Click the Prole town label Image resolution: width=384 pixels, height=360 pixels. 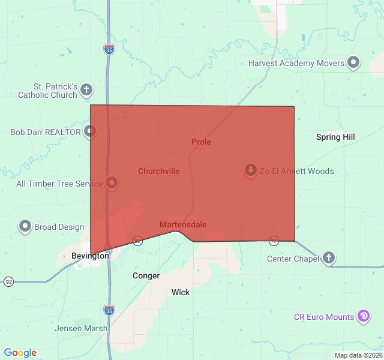pyautogui.click(x=201, y=142)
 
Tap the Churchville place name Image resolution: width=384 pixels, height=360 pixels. pyautogui.click(x=158, y=171)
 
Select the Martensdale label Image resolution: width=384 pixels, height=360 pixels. pyautogui.click(x=183, y=225)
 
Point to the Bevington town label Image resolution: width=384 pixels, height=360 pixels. pyautogui.click(x=90, y=256)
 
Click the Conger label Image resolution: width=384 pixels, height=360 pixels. pyautogui.click(x=146, y=276)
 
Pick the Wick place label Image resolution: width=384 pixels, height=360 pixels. pyautogui.click(x=181, y=292)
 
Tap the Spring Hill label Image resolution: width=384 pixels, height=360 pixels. pyautogui.click(x=335, y=137)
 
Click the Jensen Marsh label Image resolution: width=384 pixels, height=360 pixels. pyautogui.click(x=81, y=328)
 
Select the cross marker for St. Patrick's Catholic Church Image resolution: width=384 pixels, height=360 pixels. pyautogui.click(x=86, y=90)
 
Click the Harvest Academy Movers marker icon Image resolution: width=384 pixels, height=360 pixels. pyautogui.click(x=353, y=62)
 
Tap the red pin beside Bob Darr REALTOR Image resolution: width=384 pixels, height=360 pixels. pyautogui.click(x=90, y=131)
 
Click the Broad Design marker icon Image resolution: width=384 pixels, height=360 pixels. pyautogui.click(x=25, y=226)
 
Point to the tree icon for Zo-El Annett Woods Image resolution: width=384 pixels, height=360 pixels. pyautogui.click(x=250, y=170)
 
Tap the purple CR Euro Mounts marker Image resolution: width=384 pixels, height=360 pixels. pyautogui.click(x=363, y=316)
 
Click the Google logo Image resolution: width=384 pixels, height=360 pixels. pyautogui.click(x=20, y=353)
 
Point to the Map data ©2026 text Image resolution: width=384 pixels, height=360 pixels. pyautogui.click(x=358, y=355)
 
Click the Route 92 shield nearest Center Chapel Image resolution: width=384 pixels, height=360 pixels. pyautogui.click(x=274, y=241)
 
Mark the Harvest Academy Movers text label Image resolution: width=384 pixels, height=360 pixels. pyautogui.click(x=296, y=63)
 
